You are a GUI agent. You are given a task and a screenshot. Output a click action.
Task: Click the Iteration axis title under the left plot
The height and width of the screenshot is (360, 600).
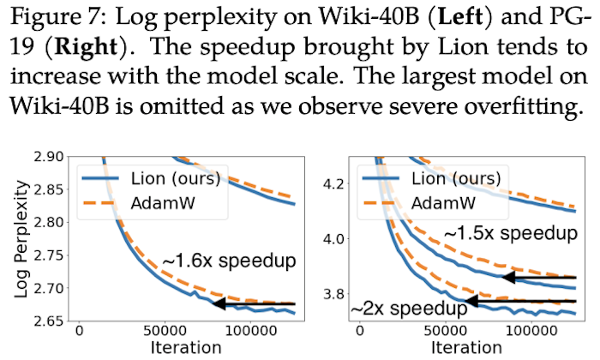coord(183,348)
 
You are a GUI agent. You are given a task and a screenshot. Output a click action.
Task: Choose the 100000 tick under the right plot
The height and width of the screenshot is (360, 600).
coord(529,332)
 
